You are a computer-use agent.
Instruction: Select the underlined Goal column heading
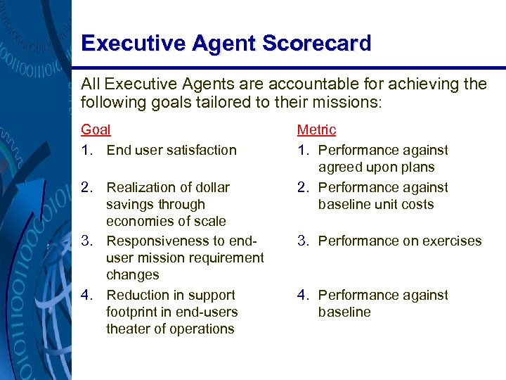tap(96, 130)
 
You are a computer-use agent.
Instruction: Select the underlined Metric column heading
tap(316, 130)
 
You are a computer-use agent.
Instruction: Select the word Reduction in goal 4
tap(137, 296)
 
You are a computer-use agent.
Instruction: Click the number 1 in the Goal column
tap(85, 150)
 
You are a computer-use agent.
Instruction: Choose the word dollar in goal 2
tap(210, 188)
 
